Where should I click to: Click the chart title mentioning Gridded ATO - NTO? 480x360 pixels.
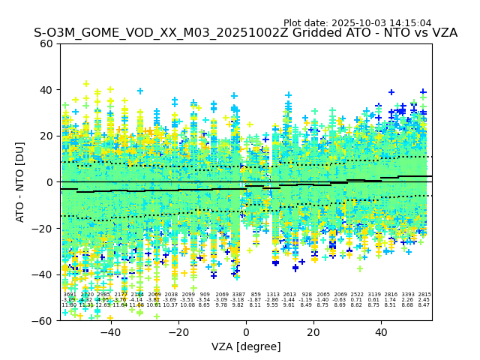(x=245, y=34)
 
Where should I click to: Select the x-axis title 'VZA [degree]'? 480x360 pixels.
(x=246, y=346)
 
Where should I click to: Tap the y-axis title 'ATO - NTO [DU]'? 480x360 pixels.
(x=20, y=181)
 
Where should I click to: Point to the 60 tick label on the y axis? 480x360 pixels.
(x=46, y=43)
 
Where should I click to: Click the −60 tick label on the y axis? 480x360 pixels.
(x=43, y=321)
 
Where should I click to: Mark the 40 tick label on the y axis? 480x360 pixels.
(x=46, y=90)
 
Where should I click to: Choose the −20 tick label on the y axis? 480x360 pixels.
(x=43, y=229)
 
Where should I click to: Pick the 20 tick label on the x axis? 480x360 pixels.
(x=314, y=331)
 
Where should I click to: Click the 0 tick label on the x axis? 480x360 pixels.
(x=246, y=331)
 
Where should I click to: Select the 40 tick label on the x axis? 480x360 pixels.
(x=382, y=331)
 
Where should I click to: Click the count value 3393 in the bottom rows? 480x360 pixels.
(x=407, y=295)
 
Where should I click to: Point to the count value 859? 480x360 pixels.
(x=256, y=295)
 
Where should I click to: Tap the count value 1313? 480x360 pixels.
(x=272, y=295)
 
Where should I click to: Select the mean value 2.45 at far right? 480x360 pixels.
(x=424, y=300)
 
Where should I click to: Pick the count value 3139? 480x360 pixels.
(x=373, y=295)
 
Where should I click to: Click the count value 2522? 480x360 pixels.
(x=357, y=295)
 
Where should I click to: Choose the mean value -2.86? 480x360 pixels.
(x=272, y=300)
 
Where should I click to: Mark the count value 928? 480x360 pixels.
(x=306, y=295)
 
